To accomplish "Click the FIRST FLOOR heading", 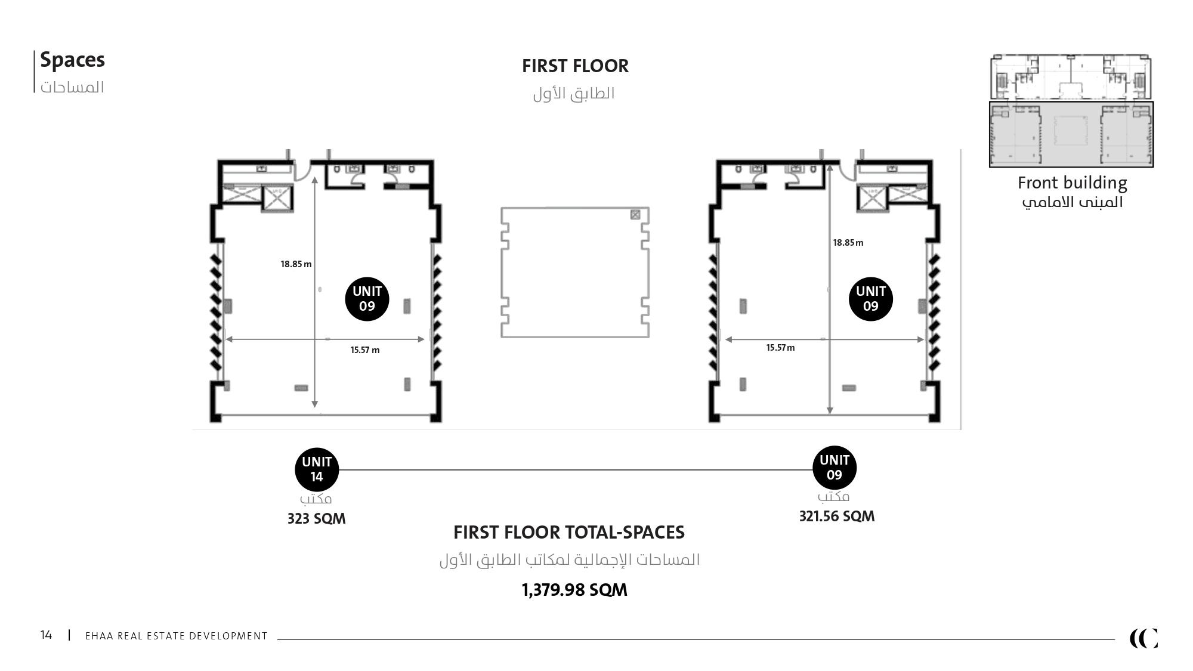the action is click(575, 66).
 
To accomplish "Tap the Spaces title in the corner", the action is click(72, 60).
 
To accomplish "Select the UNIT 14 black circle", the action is click(317, 470).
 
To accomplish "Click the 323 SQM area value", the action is click(316, 518).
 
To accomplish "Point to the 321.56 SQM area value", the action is click(837, 517).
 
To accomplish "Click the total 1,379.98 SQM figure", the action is click(574, 590).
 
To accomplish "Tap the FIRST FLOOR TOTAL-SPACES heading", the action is click(569, 532).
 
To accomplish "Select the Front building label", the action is click(1072, 183).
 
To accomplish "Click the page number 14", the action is click(46, 635).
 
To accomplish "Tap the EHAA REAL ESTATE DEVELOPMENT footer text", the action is click(177, 636).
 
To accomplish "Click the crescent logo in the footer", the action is click(1143, 638).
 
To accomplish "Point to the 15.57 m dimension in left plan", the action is click(365, 350).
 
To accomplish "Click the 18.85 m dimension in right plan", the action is click(848, 243).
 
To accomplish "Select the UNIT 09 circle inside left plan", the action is click(367, 299).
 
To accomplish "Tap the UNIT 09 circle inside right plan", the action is click(871, 299).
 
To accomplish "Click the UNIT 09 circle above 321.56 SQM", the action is click(835, 468).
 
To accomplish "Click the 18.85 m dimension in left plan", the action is click(296, 264).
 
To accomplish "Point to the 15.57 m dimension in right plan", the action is click(780, 348).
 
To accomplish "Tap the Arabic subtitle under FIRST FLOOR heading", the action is click(574, 94).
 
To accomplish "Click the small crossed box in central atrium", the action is click(635, 214).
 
